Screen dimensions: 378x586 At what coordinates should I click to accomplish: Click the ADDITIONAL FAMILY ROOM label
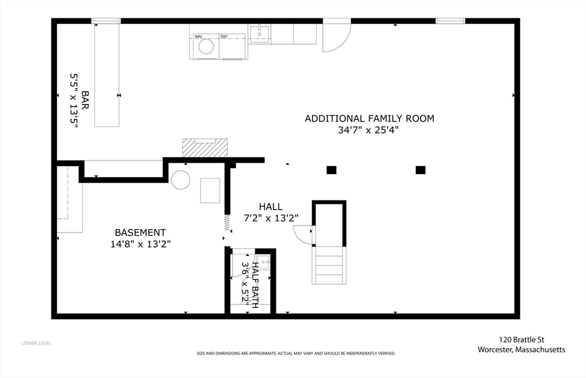coord(369,119)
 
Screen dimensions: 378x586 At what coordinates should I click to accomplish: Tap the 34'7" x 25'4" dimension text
coord(369,130)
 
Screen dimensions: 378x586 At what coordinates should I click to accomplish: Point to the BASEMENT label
coord(140,233)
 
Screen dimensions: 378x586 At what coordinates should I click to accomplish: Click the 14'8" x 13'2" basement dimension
coord(140,243)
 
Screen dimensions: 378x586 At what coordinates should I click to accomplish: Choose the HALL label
coord(270,207)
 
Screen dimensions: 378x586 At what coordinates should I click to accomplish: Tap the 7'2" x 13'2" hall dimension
coord(270,218)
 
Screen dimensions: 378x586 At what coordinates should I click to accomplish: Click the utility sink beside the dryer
coord(260,33)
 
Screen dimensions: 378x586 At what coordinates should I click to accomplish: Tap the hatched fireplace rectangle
coord(205,148)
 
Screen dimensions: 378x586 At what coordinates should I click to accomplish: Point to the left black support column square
coord(331,170)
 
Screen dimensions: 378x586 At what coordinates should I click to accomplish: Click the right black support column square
coord(421,170)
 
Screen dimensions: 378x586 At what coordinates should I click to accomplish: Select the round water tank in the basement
coord(180,180)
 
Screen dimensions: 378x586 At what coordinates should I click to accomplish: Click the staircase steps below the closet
coord(328,265)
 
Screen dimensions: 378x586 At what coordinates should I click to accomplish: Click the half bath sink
coord(263,262)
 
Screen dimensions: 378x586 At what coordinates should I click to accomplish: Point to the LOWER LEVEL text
coord(36,343)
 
